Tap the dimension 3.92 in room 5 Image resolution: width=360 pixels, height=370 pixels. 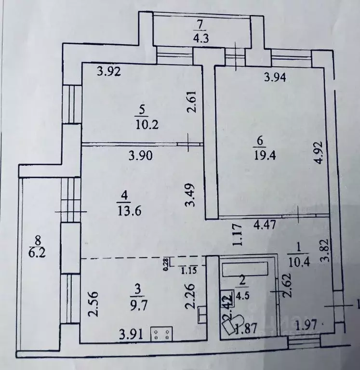pyautogui.click(x=108, y=72)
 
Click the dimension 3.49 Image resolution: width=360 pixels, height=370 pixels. pyautogui.click(x=191, y=194)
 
